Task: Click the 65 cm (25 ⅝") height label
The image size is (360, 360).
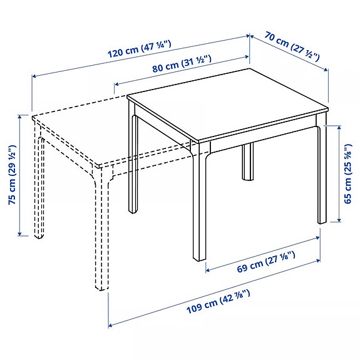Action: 348,174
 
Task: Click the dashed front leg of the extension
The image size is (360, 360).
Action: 101,238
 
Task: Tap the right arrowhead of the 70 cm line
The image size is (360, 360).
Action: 327,69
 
